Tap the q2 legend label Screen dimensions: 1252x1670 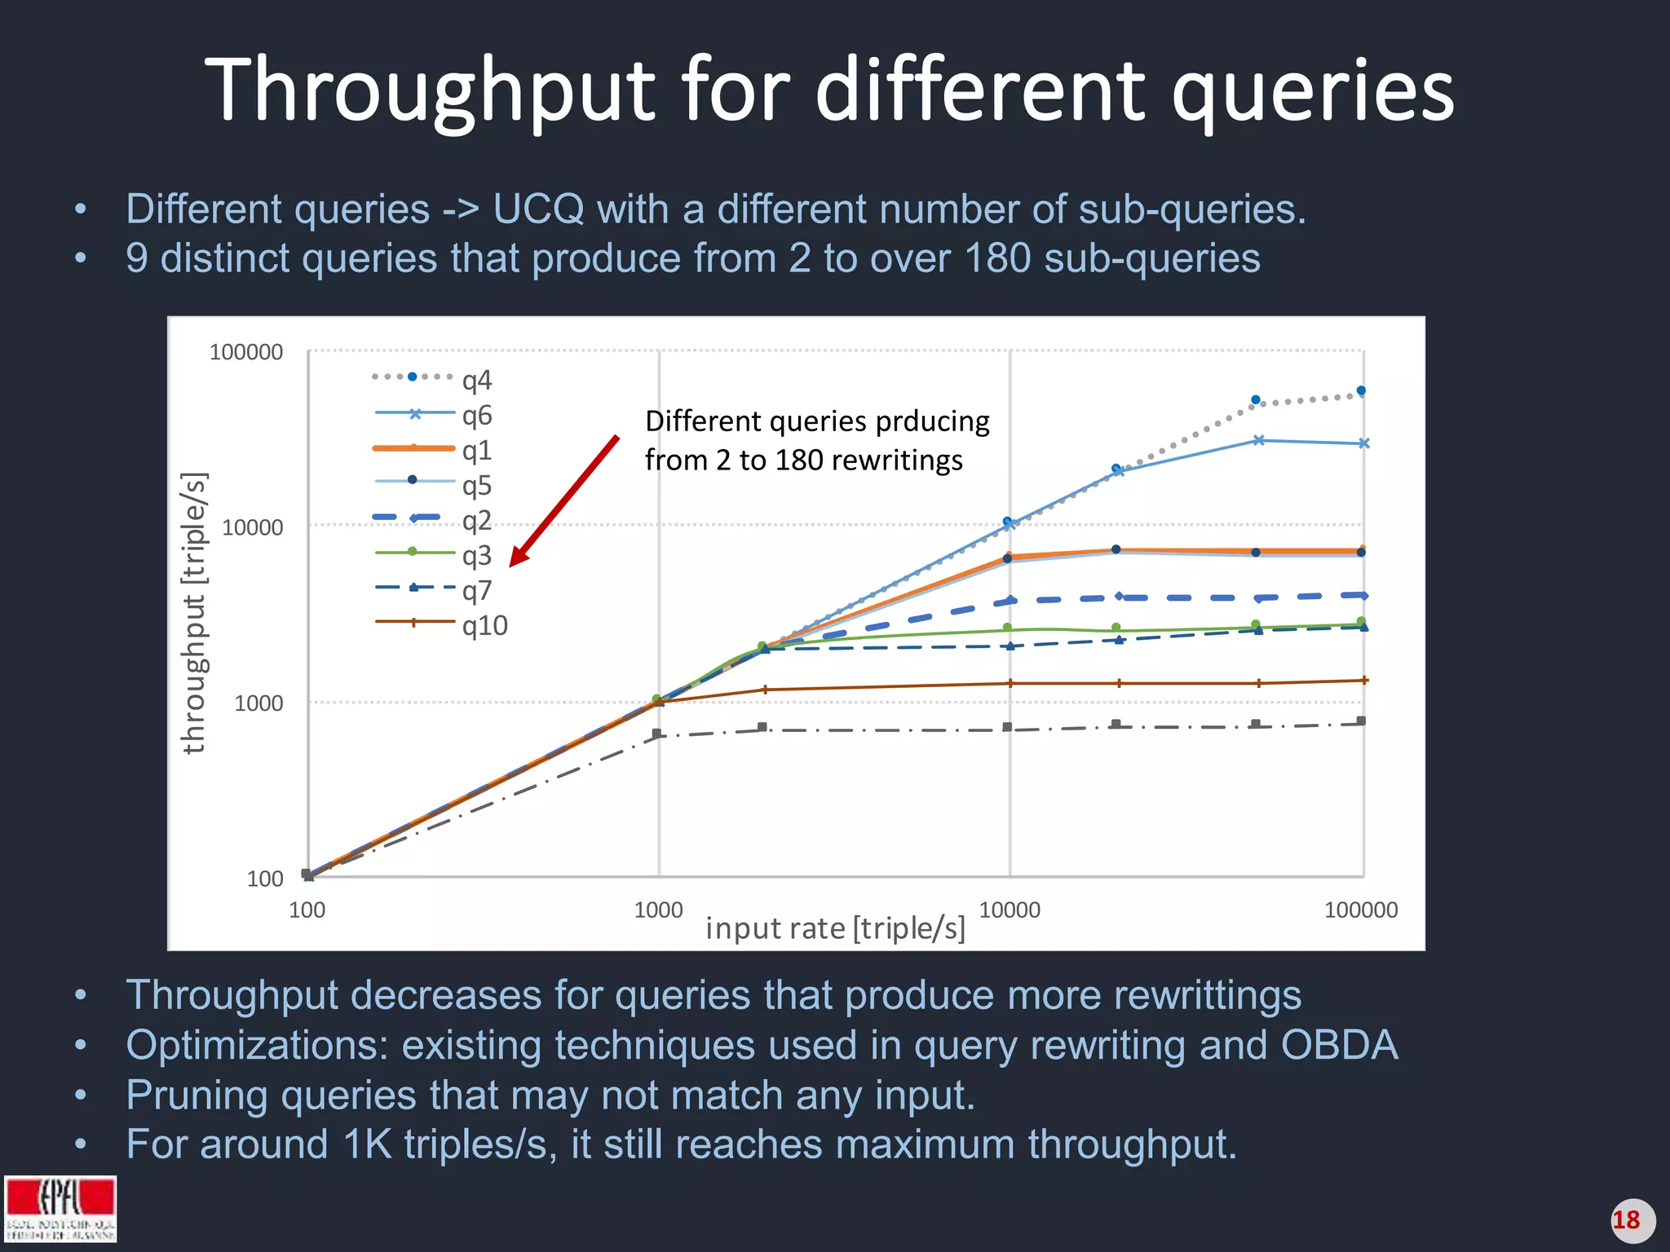click(477, 520)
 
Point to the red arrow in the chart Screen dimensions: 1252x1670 click(563, 500)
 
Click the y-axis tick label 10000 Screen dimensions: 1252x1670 click(252, 527)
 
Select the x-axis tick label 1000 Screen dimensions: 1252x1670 click(658, 910)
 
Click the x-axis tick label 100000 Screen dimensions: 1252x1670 click(1360, 910)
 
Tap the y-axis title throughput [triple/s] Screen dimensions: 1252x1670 click(193, 613)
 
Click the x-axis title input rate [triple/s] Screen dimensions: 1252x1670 click(835, 928)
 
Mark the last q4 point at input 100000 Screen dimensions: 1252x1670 click(1361, 391)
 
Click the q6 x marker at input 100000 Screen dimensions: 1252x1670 click(1363, 443)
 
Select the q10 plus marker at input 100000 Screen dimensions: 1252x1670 click(1363, 680)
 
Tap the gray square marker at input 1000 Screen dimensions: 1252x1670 click(657, 734)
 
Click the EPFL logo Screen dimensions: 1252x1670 click(60, 1208)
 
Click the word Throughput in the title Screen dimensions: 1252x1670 click(431, 90)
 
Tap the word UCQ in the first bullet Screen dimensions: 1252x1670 click(538, 209)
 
